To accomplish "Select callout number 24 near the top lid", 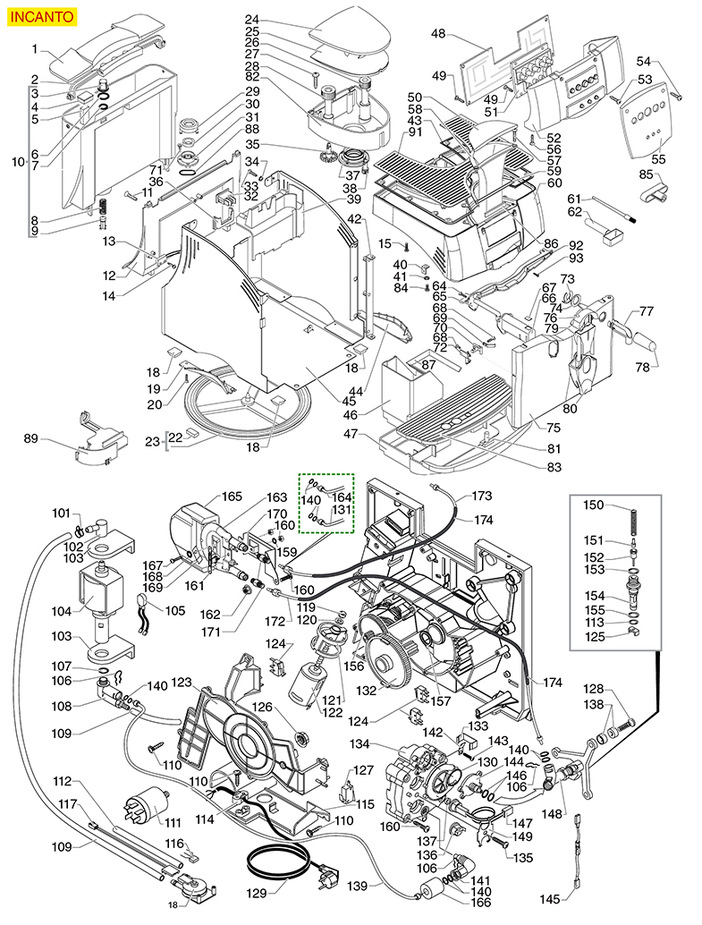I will click(x=251, y=20).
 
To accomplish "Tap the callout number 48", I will click(x=438, y=34).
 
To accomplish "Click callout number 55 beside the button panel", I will click(x=659, y=159).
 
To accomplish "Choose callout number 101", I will click(x=61, y=513).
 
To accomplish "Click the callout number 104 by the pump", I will click(x=61, y=611).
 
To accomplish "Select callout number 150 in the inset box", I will click(x=594, y=506).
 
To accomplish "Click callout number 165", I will click(x=233, y=496).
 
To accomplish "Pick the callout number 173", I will click(x=483, y=496).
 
